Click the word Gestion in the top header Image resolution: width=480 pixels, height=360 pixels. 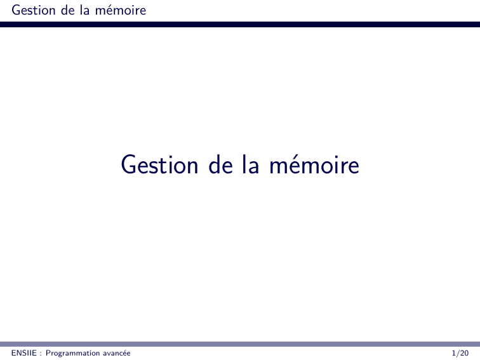click(x=34, y=10)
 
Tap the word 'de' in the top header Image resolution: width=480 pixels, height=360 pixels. click(x=68, y=10)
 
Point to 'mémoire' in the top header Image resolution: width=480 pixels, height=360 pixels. click(x=121, y=10)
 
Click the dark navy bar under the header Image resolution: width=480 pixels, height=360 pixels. click(x=240, y=24)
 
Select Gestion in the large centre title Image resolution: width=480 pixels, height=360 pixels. click(x=159, y=164)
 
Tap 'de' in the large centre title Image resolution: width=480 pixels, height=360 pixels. click(x=221, y=164)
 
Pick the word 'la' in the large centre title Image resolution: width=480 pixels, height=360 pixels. click(x=251, y=164)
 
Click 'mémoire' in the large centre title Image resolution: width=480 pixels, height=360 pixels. click(x=314, y=164)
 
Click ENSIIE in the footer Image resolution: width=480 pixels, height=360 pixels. click(x=24, y=353)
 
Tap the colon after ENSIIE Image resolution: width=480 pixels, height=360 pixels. click(x=41, y=354)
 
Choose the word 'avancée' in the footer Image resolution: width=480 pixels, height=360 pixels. click(x=117, y=353)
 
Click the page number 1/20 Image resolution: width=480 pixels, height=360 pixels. click(x=460, y=353)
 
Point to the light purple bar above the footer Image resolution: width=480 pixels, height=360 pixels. click(x=240, y=344)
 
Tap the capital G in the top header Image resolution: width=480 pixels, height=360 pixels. click(x=16, y=10)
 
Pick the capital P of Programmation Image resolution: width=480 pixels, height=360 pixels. click(x=48, y=353)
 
